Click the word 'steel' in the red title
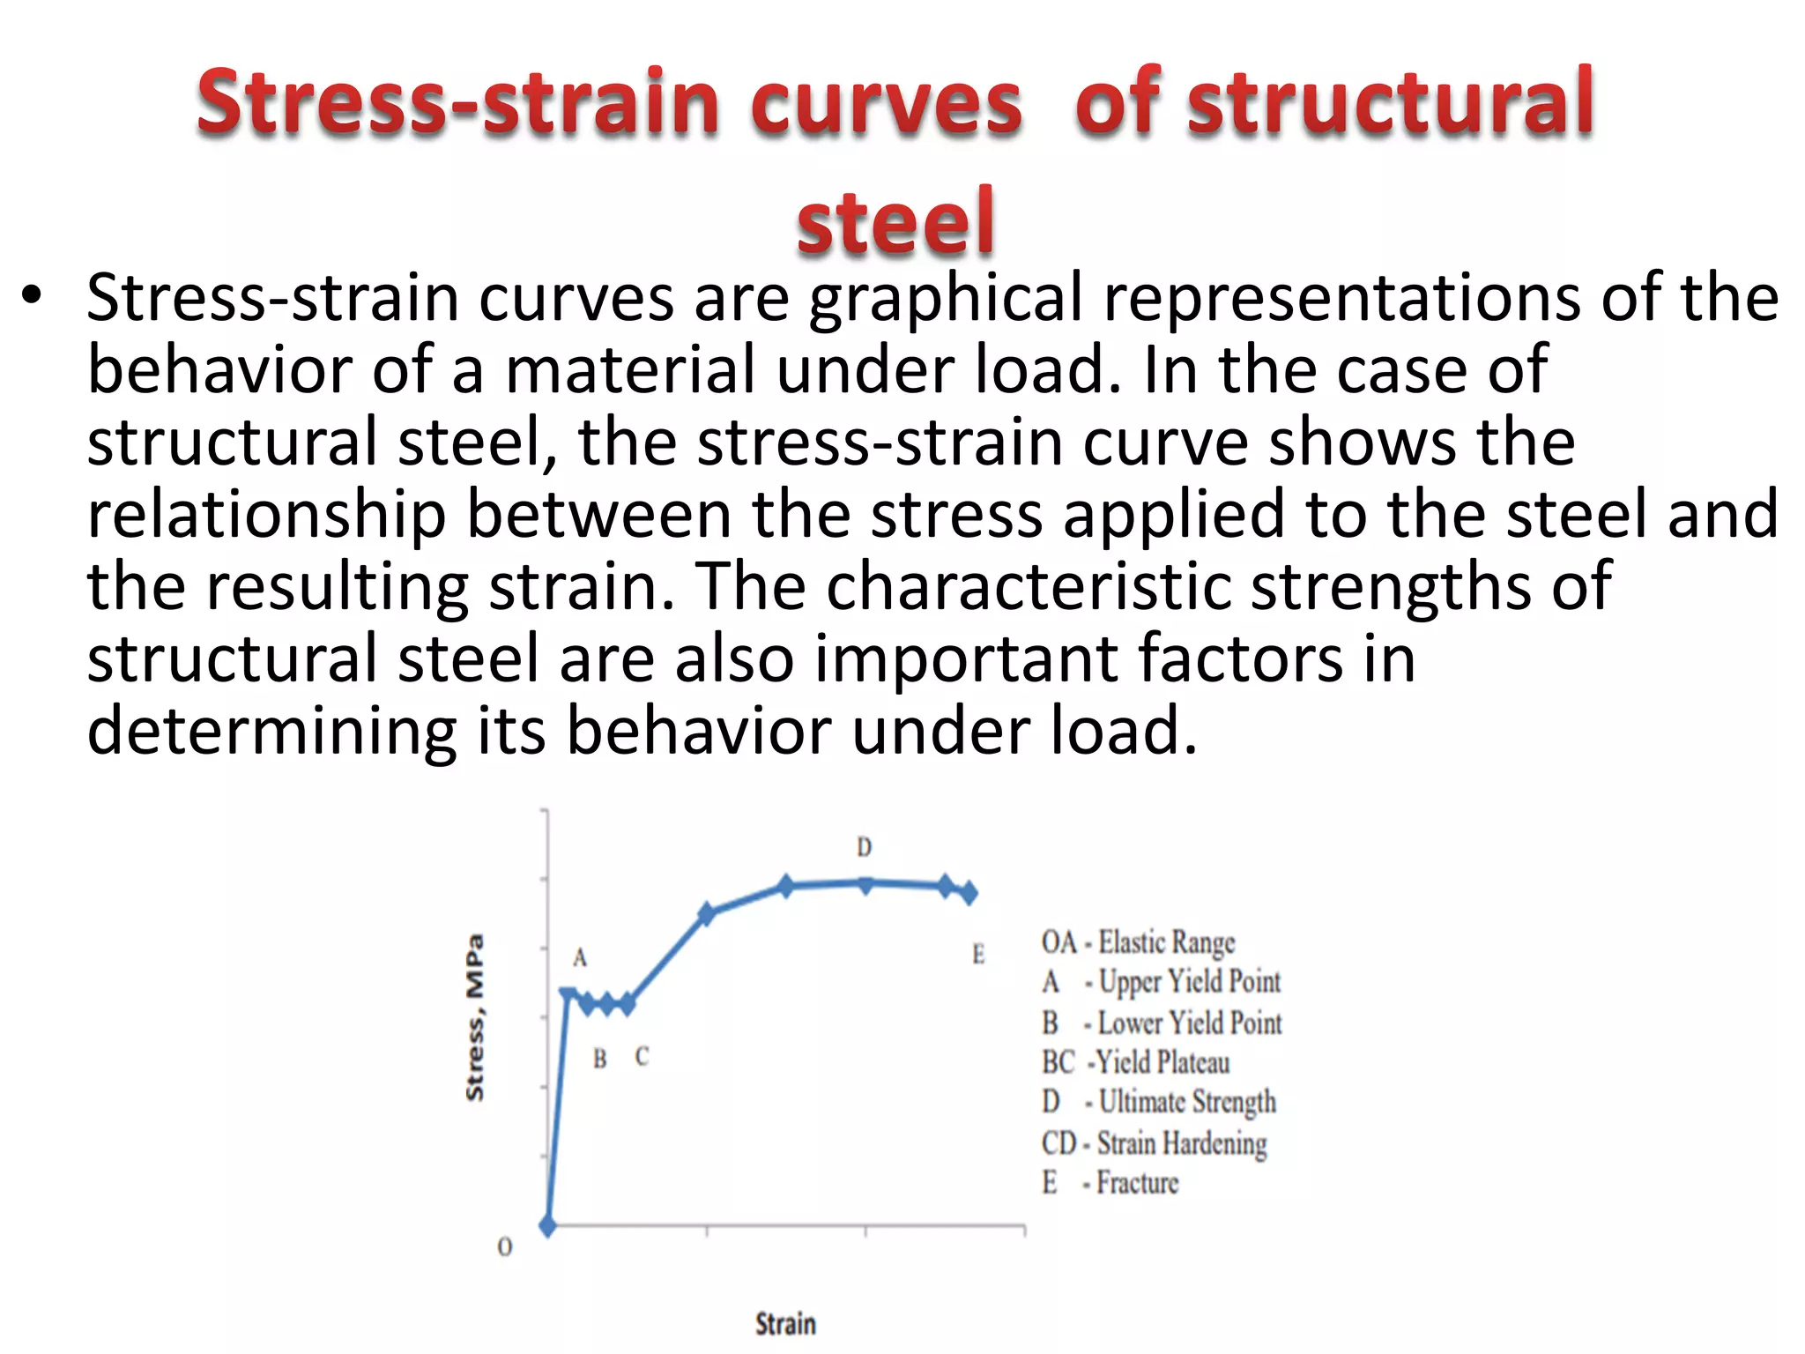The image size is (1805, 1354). (895, 221)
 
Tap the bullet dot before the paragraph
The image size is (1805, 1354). (33, 297)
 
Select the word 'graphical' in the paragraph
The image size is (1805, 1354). (946, 298)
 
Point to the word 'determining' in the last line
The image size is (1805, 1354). (271, 731)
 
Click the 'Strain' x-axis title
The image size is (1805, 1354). (785, 1323)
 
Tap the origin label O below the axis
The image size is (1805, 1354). (504, 1246)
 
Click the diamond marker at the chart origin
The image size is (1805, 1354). (547, 1226)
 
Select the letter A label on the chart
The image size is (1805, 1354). (579, 957)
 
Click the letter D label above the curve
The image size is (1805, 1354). (864, 847)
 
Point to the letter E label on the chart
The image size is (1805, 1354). (977, 954)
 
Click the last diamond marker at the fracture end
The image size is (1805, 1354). (969, 893)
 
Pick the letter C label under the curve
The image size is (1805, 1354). (642, 1056)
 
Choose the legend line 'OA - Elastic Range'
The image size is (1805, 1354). (1138, 942)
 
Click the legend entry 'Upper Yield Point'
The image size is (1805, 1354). (1189, 982)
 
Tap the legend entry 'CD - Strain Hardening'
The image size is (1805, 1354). (1154, 1143)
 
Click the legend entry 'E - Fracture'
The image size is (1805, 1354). (1110, 1183)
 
